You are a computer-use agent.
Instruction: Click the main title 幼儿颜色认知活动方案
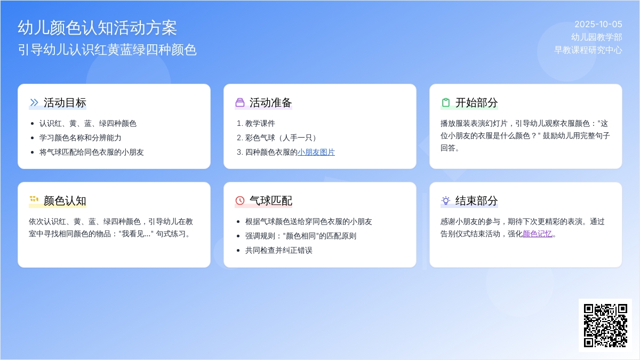tap(97, 28)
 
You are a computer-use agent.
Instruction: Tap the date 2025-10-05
tap(598, 25)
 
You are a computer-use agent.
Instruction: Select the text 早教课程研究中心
tap(588, 50)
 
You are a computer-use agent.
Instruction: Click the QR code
tap(605, 325)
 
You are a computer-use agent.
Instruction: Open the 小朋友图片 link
tap(316, 152)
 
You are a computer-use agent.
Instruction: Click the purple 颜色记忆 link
tap(537, 234)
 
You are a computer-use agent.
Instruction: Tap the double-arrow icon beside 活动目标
tap(34, 102)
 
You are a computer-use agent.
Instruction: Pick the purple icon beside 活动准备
tap(239, 102)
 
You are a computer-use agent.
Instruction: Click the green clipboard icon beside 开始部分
tap(446, 102)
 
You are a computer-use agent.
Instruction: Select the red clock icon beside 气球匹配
tap(239, 201)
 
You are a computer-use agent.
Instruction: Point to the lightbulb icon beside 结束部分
tap(446, 201)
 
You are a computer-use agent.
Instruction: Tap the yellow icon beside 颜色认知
tap(34, 199)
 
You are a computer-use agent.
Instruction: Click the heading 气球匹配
tap(271, 201)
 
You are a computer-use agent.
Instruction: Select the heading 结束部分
tap(477, 201)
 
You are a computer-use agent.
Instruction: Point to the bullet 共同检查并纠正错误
tap(278, 250)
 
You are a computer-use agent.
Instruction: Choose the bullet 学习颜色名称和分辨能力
tap(81, 138)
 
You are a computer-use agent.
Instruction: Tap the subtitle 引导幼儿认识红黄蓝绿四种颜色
tap(107, 50)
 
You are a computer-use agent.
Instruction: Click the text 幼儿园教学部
tap(597, 37)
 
